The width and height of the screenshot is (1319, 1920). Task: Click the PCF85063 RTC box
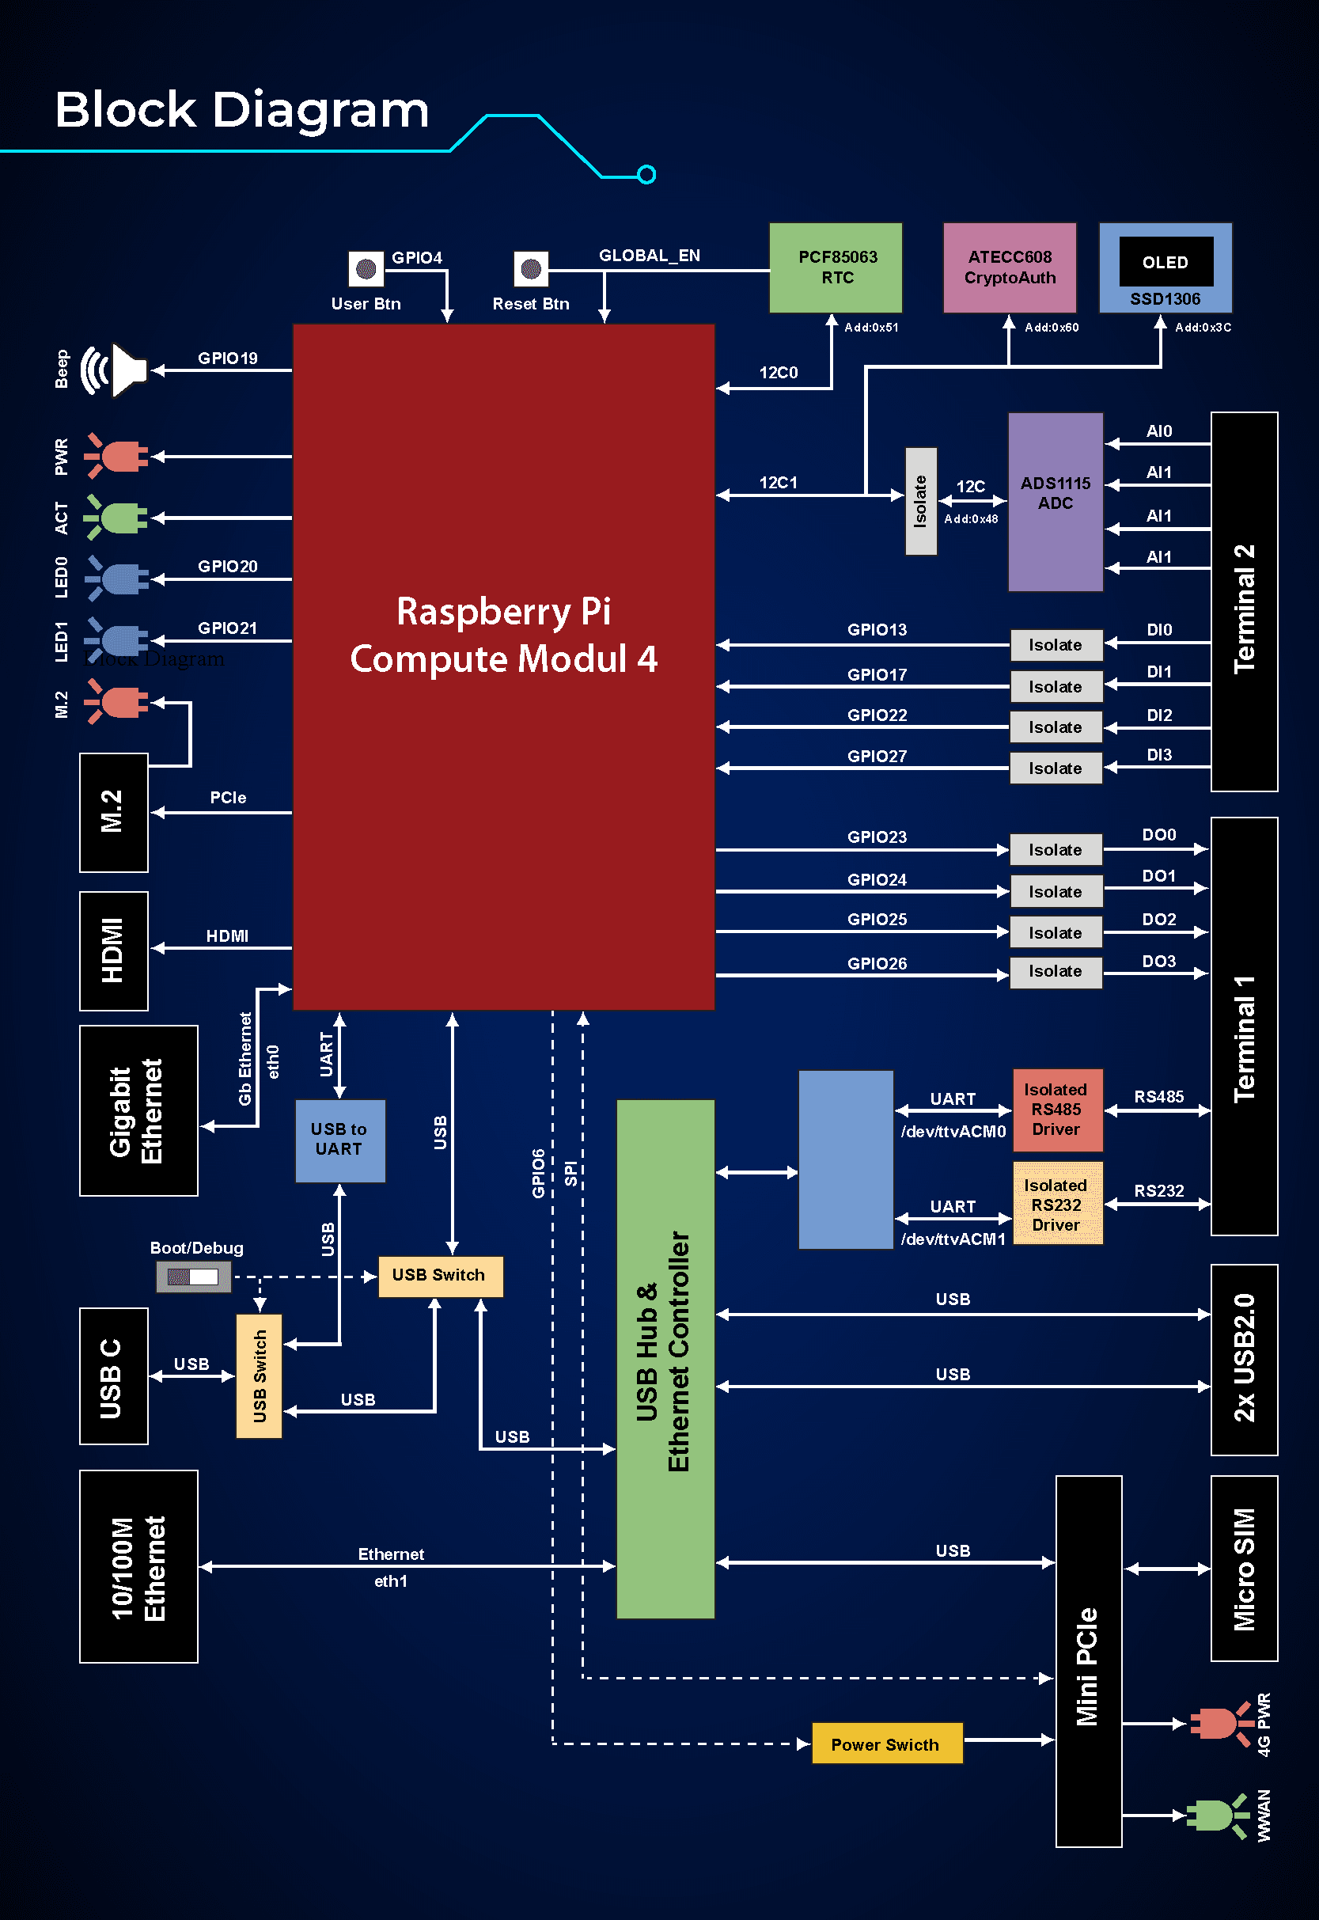coord(836,268)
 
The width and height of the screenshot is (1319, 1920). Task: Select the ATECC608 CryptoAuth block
coord(1009,268)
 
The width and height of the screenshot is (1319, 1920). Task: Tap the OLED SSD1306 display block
coord(1165,268)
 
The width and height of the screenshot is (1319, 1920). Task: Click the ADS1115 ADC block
coord(1056,502)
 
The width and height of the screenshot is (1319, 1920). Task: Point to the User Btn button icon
coord(366,268)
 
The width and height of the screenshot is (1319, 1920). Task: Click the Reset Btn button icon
coord(531,268)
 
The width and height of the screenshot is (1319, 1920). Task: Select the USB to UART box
coord(339,1140)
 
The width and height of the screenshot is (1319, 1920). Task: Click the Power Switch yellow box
coord(887,1744)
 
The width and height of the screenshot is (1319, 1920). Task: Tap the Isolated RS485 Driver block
coord(1057,1110)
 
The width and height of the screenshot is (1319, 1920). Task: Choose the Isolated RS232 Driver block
coord(1057,1204)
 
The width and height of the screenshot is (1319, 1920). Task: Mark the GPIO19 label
coord(227,358)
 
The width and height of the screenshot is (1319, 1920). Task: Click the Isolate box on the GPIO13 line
coord(1056,645)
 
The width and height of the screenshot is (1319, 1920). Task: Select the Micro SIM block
coord(1244,1568)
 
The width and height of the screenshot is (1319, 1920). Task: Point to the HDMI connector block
coord(113,951)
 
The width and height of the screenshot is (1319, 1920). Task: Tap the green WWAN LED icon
coord(1216,1815)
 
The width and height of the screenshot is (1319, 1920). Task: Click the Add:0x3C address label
coord(1203,328)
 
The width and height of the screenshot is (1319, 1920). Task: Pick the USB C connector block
coord(113,1375)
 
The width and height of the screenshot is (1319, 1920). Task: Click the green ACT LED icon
coord(117,518)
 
